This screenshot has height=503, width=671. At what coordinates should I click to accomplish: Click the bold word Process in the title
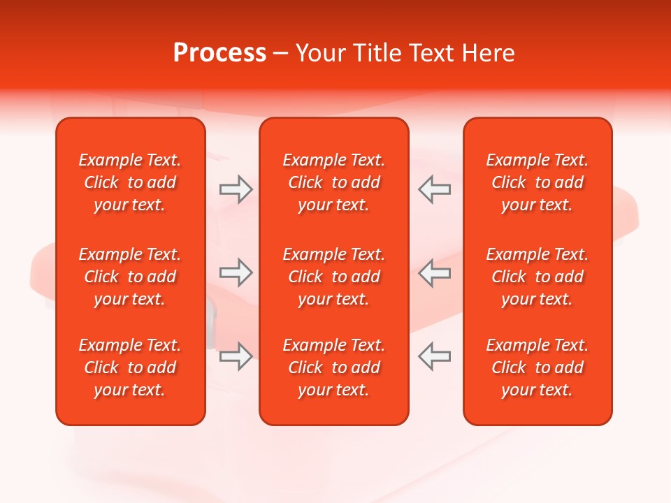click(219, 53)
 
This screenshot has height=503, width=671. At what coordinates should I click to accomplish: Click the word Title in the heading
click(377, 53)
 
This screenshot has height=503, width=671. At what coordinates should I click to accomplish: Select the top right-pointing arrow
click(236, 189)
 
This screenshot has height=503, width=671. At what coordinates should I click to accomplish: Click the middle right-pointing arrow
click(236, 272)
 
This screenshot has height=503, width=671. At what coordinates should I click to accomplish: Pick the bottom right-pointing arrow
click(236, 356)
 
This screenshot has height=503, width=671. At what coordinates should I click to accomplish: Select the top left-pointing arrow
click(434, 189)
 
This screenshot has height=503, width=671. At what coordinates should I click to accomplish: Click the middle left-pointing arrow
click(434, 272)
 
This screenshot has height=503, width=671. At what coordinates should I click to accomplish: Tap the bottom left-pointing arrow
click(434, 356)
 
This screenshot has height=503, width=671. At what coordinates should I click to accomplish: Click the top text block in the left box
click(130, 182)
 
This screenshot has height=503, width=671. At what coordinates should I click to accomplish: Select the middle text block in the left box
click(130, 277)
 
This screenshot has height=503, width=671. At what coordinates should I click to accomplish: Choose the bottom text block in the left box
click(130, 367)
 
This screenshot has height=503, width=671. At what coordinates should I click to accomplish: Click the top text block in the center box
click(333, 182)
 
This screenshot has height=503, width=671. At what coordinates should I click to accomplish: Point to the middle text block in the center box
click(333, 277)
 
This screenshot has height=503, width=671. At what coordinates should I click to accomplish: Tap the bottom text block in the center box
click(333, 367)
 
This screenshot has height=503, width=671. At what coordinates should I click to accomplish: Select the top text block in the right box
click(537, 182)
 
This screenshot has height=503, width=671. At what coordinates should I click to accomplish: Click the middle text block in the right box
click(537, 277)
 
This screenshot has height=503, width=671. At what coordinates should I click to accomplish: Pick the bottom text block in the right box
click(537, 367)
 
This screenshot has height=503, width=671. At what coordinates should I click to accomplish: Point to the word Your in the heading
click(321, 53)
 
